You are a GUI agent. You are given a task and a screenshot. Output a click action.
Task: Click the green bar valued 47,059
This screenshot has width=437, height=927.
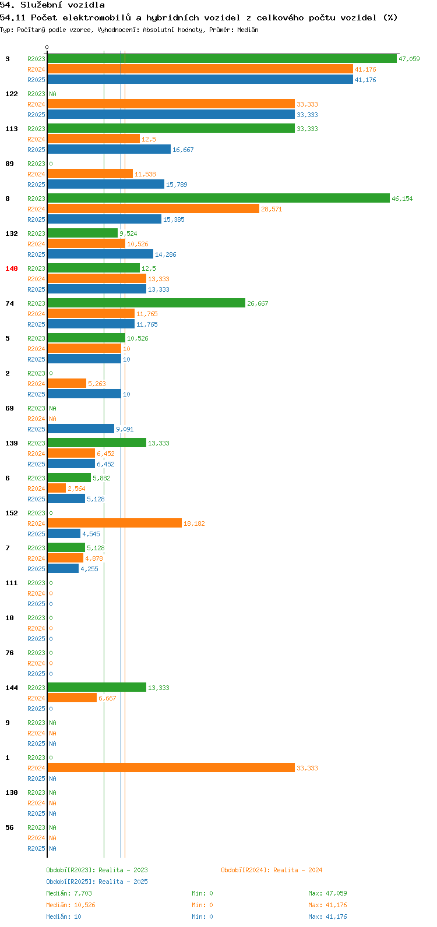click(222, 59)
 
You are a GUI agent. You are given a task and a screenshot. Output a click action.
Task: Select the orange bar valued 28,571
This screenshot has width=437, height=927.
click(153, 209)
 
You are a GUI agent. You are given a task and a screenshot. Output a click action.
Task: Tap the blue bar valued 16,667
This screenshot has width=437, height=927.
click(109, 150)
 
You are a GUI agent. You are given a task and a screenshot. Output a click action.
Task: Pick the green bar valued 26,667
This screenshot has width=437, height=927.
click(146, 303)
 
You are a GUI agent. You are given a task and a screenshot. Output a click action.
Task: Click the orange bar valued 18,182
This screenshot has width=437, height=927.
click(115, 523)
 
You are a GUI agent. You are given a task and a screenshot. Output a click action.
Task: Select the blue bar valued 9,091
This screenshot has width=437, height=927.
click(81, 429)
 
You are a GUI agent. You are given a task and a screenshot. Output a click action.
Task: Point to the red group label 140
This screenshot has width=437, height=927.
click(12, 268)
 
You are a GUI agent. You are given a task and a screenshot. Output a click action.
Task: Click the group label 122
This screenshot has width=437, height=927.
click(12, 94)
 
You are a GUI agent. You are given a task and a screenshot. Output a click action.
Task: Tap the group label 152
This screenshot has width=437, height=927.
click(12, 513)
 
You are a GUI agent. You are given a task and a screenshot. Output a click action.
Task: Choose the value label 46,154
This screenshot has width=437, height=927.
click(402, 199)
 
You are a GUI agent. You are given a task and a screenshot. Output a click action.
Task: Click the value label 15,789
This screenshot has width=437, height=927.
click(177, 185)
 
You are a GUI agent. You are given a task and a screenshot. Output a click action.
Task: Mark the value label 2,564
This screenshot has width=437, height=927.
click(77, 489)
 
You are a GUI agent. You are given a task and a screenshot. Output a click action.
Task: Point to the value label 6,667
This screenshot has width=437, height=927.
click(107, 698)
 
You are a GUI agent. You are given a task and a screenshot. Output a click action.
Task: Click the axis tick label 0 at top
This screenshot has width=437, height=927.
click(47, 47)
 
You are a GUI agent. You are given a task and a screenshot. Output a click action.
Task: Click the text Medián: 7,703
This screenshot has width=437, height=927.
click(69, 893)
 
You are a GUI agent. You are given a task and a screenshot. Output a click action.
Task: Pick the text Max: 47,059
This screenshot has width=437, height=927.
click(327, 893)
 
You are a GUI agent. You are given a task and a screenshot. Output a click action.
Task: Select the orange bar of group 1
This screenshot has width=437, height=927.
click(171, 768)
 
